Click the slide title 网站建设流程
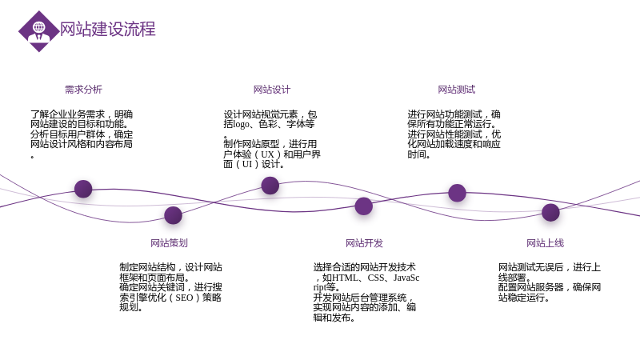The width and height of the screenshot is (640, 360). click(x=108, y=30)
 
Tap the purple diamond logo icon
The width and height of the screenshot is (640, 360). click(x=38, y=31)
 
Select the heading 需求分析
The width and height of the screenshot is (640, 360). click(x=83, y=90)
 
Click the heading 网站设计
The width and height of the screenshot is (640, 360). click(x=272, y=90)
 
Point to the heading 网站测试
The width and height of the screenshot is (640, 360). click(x=456, y=90)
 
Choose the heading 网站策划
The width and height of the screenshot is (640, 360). click(x=169, y=243)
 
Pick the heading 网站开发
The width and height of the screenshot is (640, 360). click(x=364, y=243)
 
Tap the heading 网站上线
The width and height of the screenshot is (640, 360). click(x=545, y=243)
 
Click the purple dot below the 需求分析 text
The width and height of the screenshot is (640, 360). click(x=83, y=189)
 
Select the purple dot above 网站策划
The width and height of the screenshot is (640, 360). click(x=173, y=215)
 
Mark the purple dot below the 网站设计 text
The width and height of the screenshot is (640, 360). click(x=270, y=186)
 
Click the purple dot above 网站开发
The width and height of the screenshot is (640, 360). click(x=364, y=206)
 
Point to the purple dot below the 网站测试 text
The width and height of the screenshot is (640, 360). click(x=457, y=193)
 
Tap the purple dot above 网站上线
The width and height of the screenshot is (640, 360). click(x=550, y=212)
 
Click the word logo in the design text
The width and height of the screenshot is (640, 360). click(x=241, y=124)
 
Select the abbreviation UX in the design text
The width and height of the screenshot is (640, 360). click(x=267, y=154)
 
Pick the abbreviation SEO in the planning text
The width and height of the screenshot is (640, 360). click(x=184, y=298)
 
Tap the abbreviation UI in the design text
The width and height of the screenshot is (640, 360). click(x=247, y=164)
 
